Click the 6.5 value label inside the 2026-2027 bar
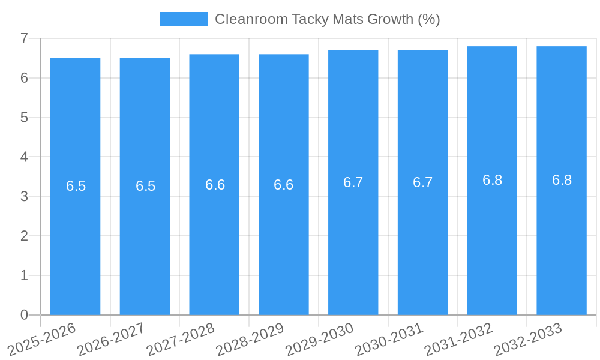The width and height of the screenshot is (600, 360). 145,186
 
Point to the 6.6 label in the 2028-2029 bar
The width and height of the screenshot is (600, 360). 284,185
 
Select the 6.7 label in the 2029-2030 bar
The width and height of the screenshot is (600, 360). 353,182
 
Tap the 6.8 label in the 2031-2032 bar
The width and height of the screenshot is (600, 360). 492,180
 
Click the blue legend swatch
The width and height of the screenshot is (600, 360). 183,19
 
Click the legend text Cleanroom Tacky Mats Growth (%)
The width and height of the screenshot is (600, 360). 327,19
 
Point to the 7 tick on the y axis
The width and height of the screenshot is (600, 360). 24,38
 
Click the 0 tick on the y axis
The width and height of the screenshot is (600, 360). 24,315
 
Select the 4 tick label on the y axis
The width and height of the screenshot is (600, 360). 24,157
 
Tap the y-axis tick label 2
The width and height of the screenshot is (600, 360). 24,236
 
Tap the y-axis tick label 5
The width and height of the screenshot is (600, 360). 24,118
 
